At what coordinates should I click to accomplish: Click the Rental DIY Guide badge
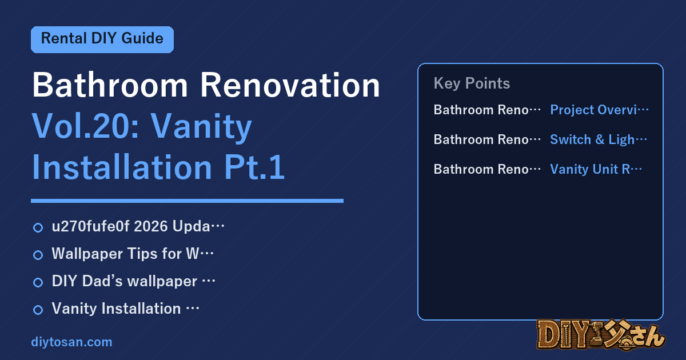click(102, 39)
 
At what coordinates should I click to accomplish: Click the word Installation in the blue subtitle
click(122, 167)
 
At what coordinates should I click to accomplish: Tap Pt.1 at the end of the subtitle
click(254, 167)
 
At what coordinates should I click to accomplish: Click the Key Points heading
click(472, 83)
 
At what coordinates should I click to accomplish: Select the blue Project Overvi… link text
click(599, 110)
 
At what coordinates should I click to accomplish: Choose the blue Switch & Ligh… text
click(599, 139)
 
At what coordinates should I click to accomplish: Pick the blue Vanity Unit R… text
click(596, 169)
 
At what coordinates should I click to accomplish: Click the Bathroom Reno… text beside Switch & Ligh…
click(487, 139)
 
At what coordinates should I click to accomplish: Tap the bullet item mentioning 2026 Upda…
click(138, 226)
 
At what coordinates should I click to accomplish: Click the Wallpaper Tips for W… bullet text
click(133, 254)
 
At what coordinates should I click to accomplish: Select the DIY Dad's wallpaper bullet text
click(134, 281)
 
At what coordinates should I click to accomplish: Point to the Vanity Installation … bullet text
click(126, 308)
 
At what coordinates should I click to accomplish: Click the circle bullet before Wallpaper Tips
click(38, 255)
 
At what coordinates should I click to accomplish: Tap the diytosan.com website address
click(71, 342)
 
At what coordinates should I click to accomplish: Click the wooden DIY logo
click(601, 334)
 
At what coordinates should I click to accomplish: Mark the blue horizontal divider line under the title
click(187, 201)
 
